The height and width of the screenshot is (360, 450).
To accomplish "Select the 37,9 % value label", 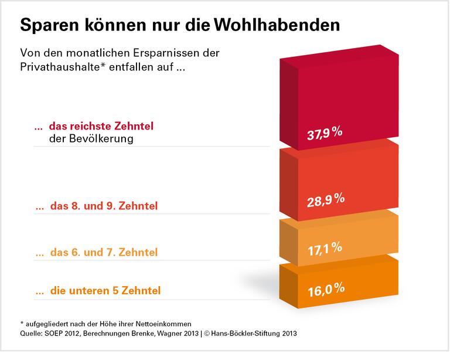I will click(x=325, y=134).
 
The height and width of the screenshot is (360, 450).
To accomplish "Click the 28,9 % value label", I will click(x=325, y=200).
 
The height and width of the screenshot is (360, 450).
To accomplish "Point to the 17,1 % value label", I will click(x=325, y=249).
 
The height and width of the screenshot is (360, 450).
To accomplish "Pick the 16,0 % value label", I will click(x=325, y=289).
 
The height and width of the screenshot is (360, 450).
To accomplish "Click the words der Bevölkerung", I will click(x=91, y=139).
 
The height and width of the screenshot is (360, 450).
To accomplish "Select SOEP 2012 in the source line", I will click(x=65, y=334).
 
